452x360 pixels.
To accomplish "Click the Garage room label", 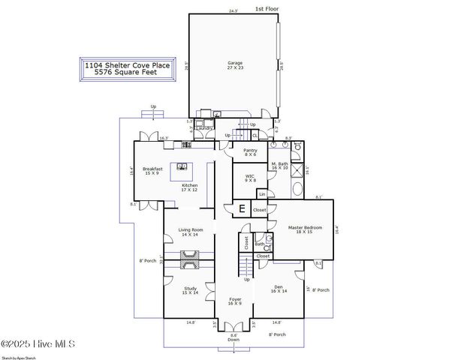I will tap(235, 65).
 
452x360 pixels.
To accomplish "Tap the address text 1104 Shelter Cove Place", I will tap(127, 66).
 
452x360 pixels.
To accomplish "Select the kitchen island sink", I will tap(182, 166).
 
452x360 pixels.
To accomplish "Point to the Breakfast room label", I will tap(152, 170).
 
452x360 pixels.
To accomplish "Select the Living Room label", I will tap(190, 232).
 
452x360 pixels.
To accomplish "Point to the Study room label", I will tap(190, 289).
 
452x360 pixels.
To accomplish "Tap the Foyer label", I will tap(235, 301).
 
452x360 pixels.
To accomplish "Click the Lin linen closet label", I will tap(261, 193).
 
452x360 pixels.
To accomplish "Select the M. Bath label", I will tap(279, 166).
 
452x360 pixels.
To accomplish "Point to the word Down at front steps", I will tap(234, 340).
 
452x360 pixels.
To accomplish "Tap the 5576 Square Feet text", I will tap(127, 74).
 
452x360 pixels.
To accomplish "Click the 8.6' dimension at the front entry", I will tap(234, 334).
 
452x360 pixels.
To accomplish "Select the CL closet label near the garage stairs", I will tap(255, 135).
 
